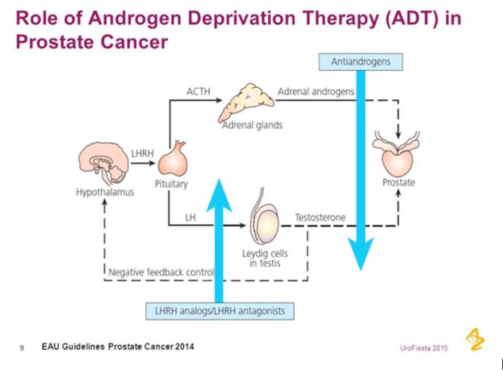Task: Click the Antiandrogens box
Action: click(x=361, y=61)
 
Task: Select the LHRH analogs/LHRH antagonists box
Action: click(x=219, y=310)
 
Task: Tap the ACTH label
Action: click(x=199, y=91)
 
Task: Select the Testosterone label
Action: click(x=320, y=216)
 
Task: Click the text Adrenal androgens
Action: click(x=316, y=91)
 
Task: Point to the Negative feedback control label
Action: click(x=161, y=272)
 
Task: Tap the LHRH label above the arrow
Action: click(x=142, y=153)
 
